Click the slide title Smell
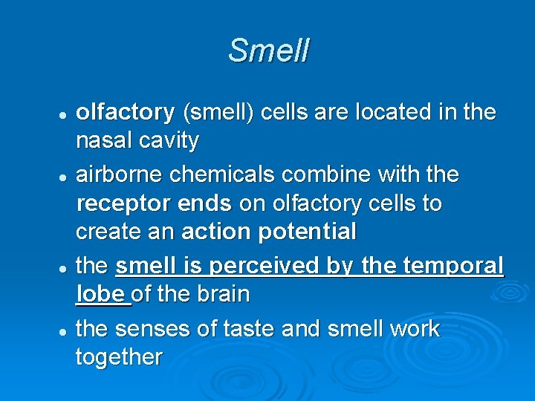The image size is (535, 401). click(268, 50)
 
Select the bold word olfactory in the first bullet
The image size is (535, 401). click(125, 112)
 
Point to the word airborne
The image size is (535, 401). click(120, 175)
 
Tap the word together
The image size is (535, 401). click(119, 358)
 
